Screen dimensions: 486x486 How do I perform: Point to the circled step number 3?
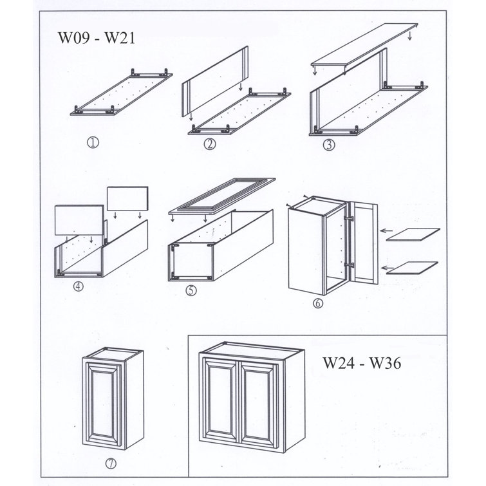click(x=330, y=145)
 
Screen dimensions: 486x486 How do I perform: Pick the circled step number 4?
click(x=79, y=288)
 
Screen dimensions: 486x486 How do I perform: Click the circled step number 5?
click(x=191, y=290)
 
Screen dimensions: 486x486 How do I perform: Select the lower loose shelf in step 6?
click(x=415, y=266)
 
